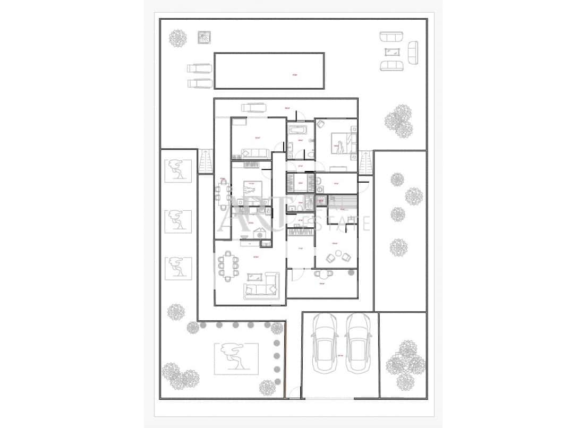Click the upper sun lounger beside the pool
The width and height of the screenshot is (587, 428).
pyautogui.click(x=199, y=69)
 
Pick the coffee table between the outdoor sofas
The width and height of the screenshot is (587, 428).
pyautogui.click(x=393, y=52)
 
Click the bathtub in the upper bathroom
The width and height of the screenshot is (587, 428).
pyautogui.click(x=295, y=130)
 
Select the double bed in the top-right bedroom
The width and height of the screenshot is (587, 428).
pyautogui.click(x=340, y=142)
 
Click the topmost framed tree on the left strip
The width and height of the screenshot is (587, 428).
pyautogui.click(x=178, y=170)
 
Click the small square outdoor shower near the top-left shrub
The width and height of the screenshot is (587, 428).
pyautogui.click(x=204, y=37)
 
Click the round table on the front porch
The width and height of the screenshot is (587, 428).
pyautogui.click(x=324, y=274)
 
